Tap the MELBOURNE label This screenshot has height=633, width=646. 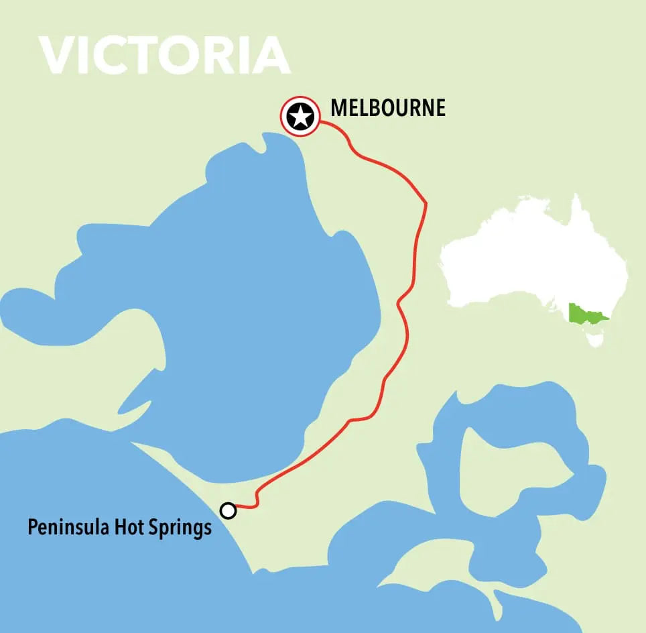tap(387, 108)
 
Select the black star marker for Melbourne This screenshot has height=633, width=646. tap(300, 117)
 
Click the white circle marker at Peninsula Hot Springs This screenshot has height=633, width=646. tap(229, 511)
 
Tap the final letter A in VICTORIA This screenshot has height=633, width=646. tap(271, 55)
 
